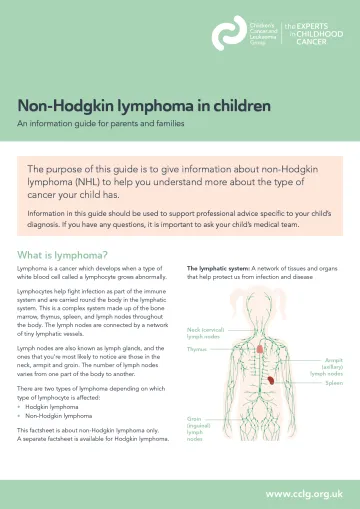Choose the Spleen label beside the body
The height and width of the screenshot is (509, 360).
click(x=334, y=383)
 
